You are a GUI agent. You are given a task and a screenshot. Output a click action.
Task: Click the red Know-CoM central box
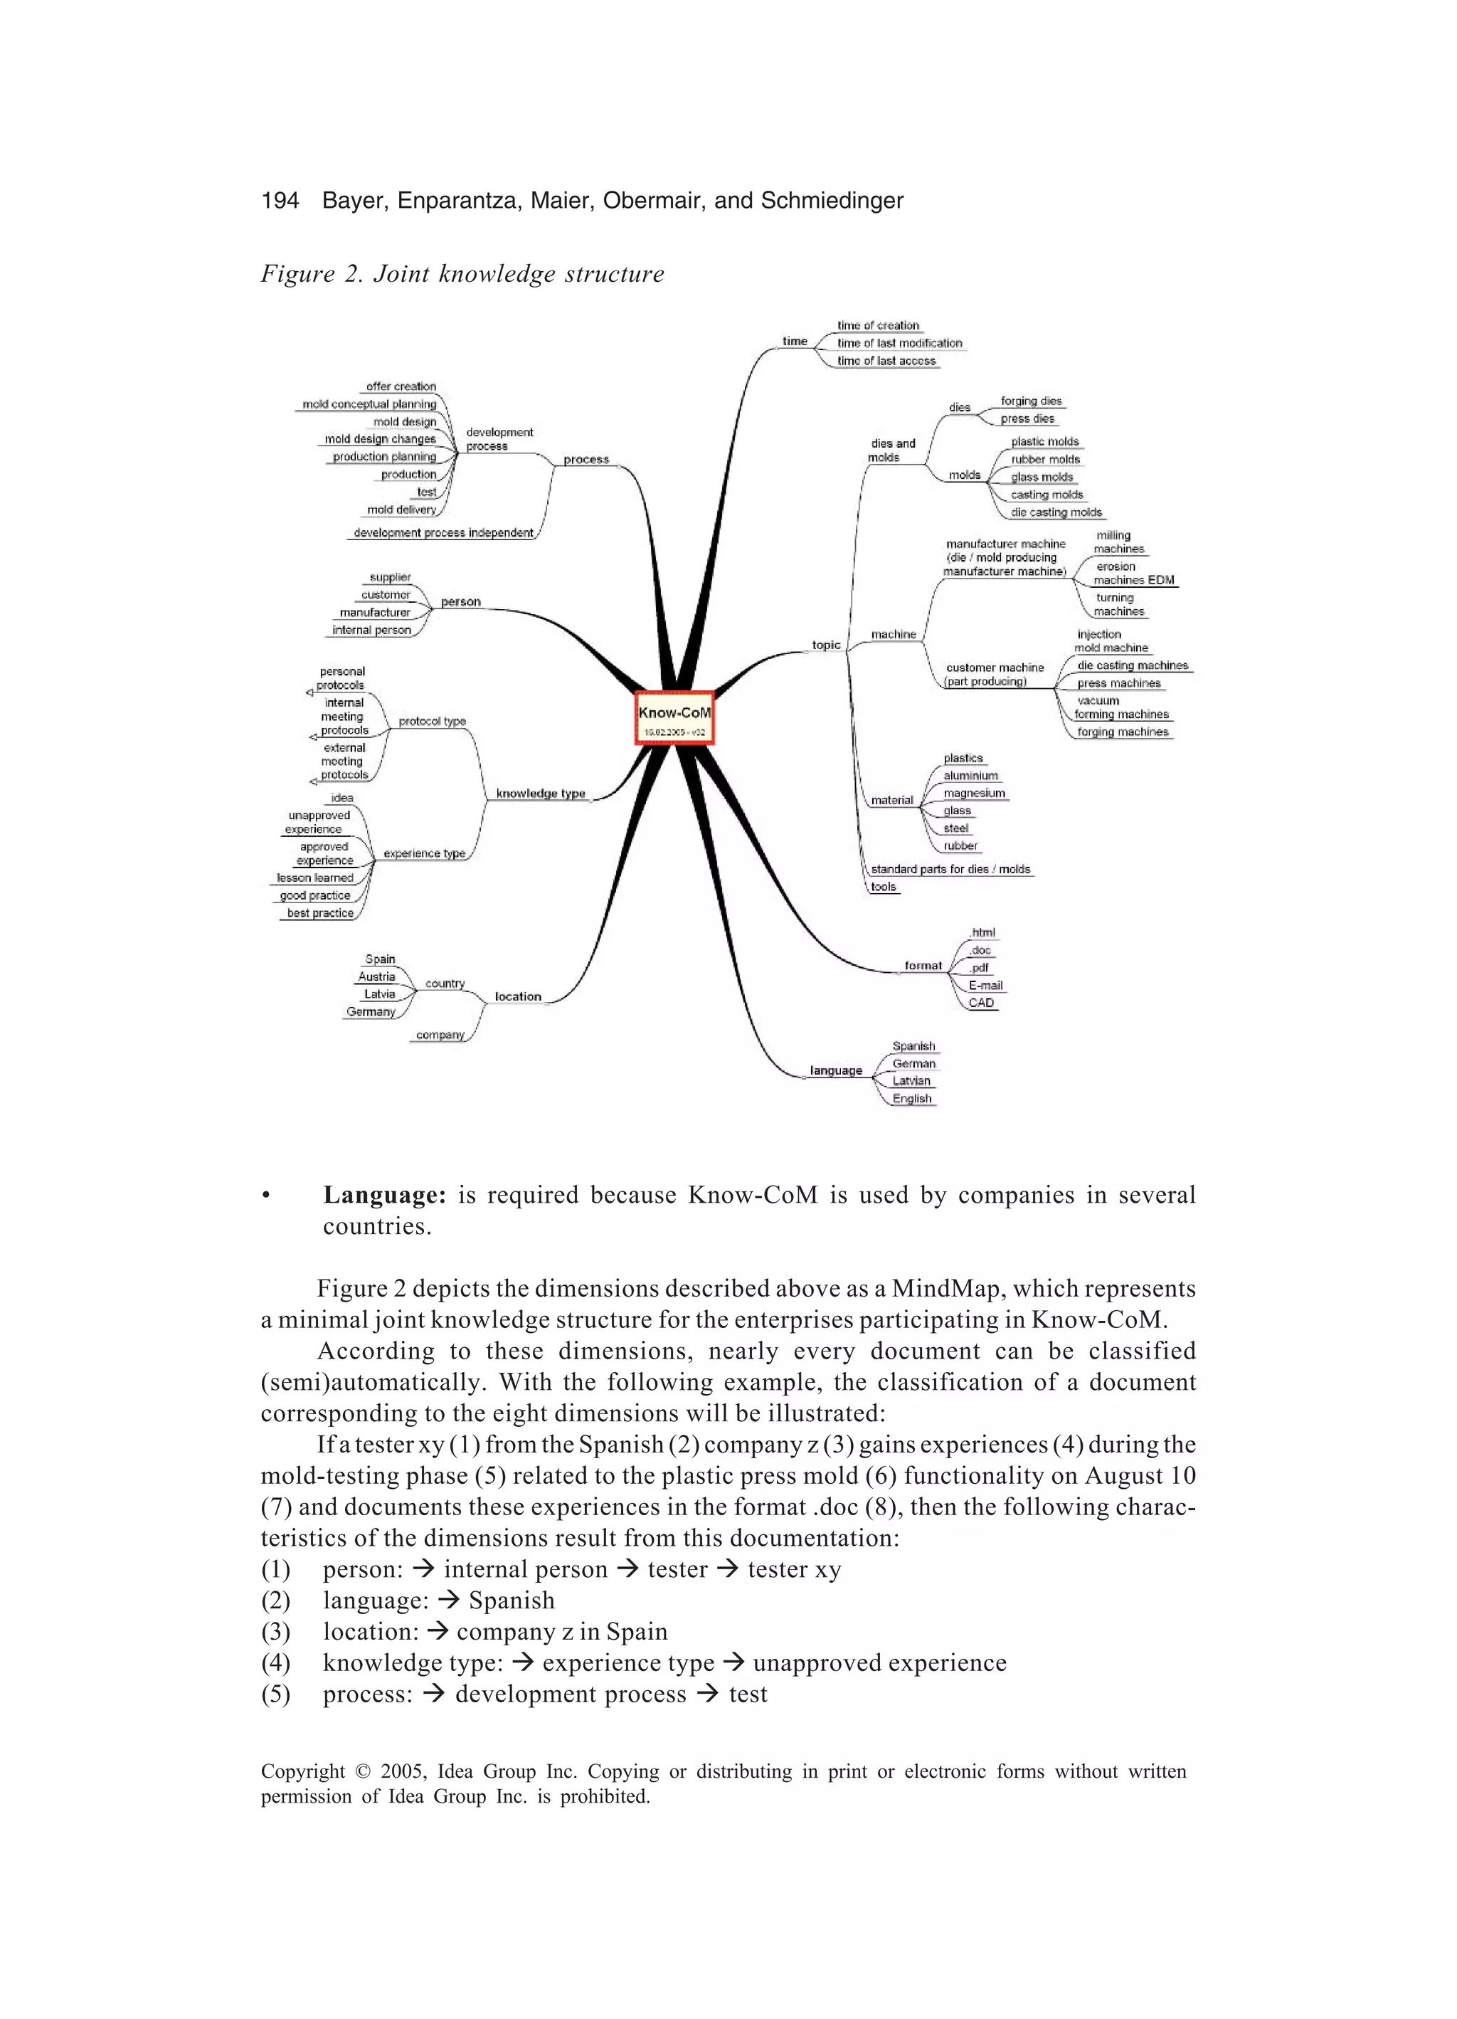[x=674, y=718]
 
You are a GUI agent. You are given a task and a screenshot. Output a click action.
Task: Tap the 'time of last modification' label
[x=899, y=343]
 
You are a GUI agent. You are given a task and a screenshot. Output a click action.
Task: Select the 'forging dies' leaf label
[x=1031, y=401]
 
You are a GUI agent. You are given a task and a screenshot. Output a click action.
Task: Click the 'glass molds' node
[x=1042, y=477]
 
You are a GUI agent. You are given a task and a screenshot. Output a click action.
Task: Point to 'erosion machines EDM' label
[x=1133, y=574]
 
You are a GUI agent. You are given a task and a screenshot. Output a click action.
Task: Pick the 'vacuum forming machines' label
[x=1120, y=707]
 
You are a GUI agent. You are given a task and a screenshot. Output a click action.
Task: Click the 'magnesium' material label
[x=974, y=794]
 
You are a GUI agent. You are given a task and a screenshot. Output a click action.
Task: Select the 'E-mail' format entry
[x=985, y=986]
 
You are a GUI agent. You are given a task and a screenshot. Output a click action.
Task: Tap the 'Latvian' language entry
[x=911, y=1081]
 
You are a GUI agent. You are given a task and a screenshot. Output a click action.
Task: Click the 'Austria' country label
[x=376, y=976]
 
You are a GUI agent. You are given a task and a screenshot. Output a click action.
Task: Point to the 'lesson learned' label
[x=315, y=877]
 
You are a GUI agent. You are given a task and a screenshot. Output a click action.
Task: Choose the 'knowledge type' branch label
[x=540, y=794]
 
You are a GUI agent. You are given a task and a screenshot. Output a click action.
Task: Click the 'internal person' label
[x=371, y=631]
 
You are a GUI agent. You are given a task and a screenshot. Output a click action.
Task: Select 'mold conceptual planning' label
[x=369, y=404]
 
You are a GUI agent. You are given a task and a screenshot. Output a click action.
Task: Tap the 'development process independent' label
[x=443, y=533]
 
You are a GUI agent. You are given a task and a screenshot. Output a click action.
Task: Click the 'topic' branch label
[x=826, y=645]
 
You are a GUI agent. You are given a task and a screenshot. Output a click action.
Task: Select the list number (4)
[x=276, y=1663]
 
